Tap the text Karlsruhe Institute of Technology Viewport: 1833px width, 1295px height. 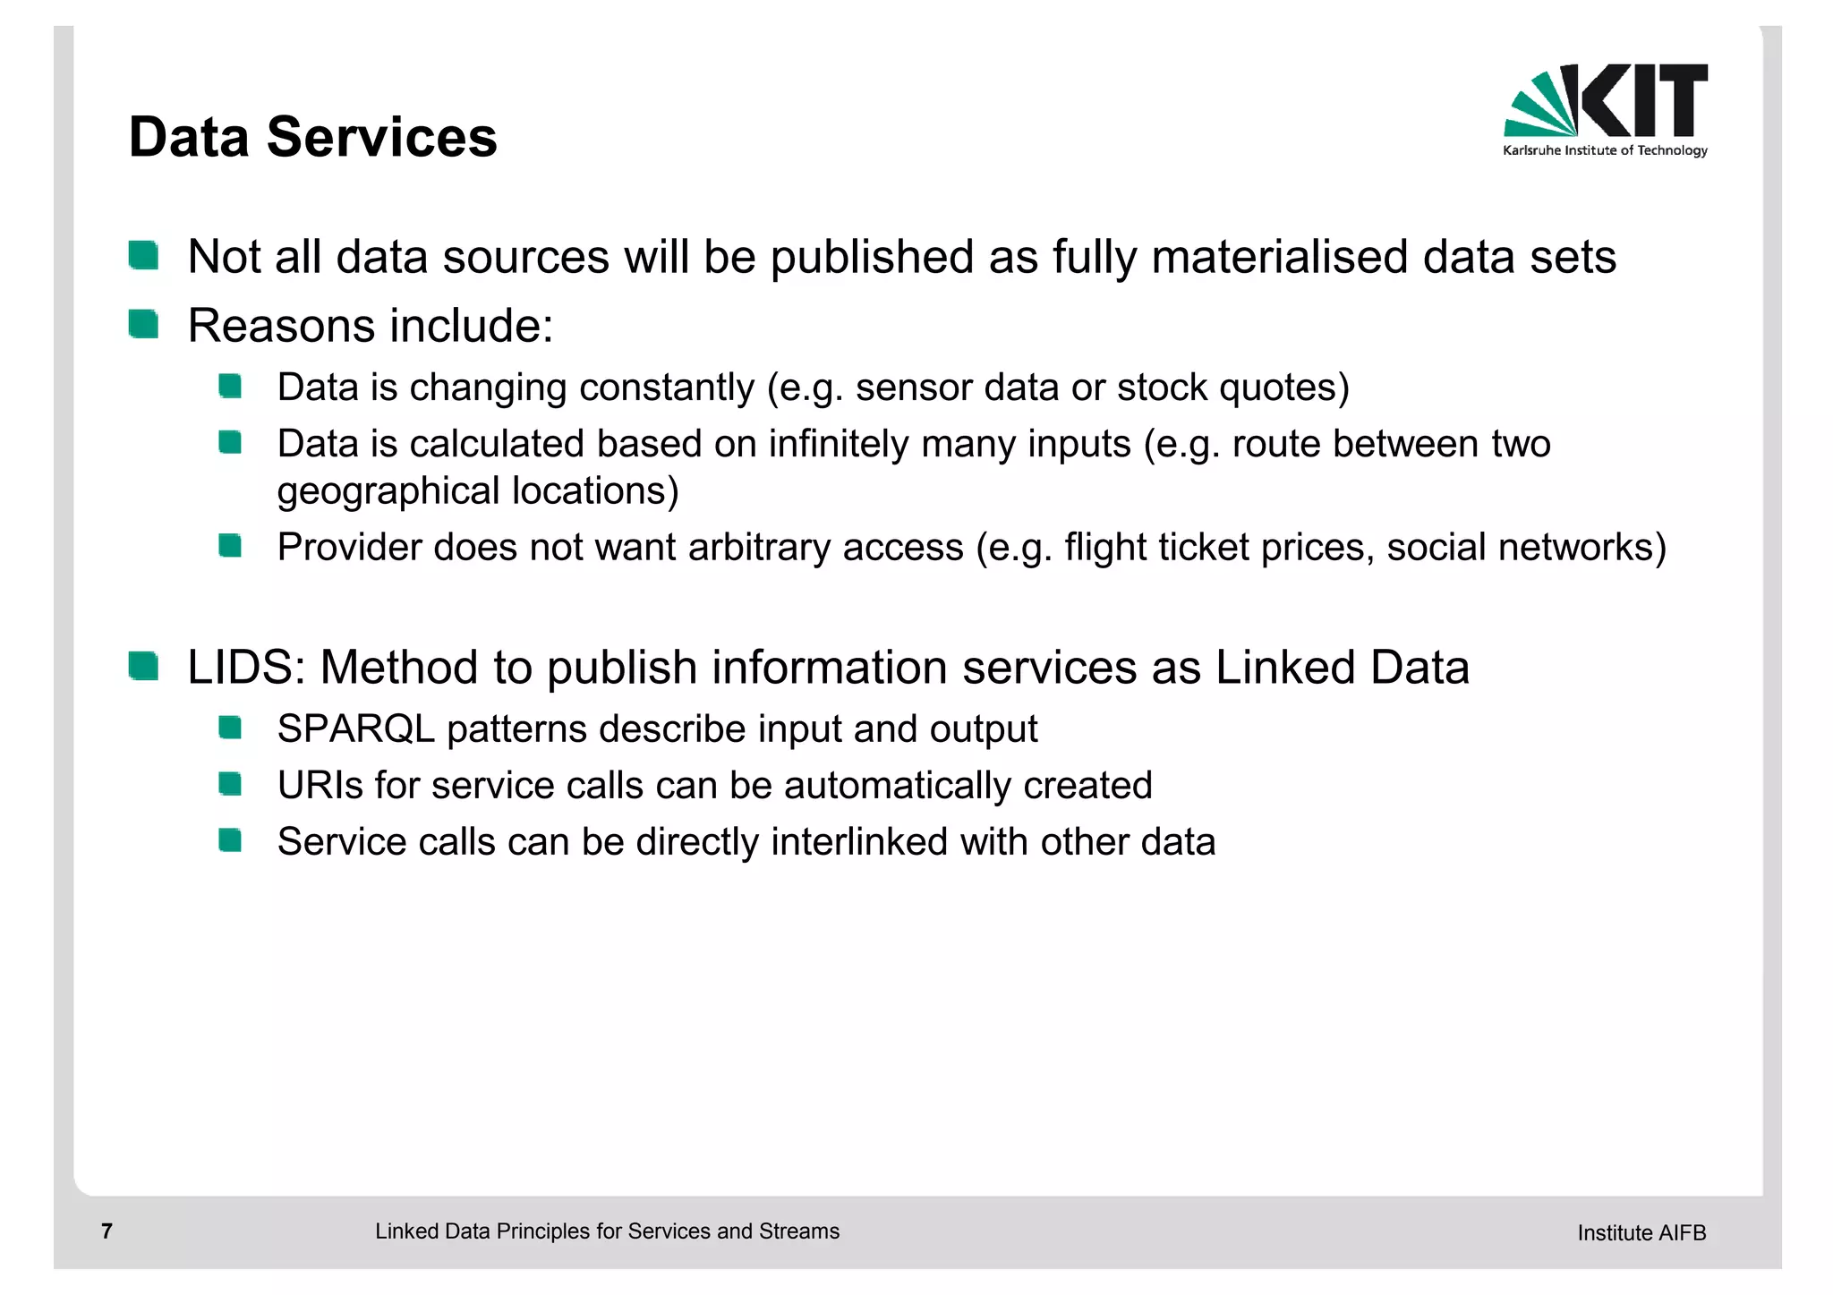tap(1605, 150)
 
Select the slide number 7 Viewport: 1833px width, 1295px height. tap(107, 1231)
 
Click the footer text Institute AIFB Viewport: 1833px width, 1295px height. tap(1641, 1233)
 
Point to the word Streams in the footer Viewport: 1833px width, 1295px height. tap(799, 1231)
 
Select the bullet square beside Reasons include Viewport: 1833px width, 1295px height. tap(143, 324)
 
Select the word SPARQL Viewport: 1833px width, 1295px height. tap(355, 729)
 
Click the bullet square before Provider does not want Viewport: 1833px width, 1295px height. tap(230, 546)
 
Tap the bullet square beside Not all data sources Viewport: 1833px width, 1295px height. tap(143, 255)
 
